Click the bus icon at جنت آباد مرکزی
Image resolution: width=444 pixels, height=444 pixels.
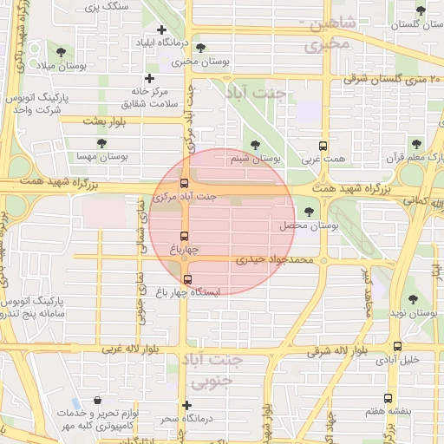click(x=183, y=183)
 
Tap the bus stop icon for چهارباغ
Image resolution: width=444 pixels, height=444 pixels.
click(x=183, y=236)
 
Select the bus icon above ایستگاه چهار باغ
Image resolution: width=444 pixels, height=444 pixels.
click(x=187, y=278)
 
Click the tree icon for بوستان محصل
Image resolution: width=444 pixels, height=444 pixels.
click(x=308, y=211)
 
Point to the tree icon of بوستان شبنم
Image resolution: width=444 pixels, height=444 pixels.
click(x=254, y=146)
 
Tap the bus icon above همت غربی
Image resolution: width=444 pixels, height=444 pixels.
click(x=323, y=146)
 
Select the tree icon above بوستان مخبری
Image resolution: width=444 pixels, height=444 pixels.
click(x=201, y=48)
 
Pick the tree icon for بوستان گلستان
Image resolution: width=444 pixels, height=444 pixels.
click(x=421, y=11)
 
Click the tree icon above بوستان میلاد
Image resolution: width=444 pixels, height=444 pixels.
click(x=61, y=51)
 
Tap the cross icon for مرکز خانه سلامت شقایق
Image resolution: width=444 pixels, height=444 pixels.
click(x=149, y=79)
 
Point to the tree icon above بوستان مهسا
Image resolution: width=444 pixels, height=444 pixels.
click(x=101, y=142)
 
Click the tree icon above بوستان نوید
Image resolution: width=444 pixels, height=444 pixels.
click(x=413, y=299)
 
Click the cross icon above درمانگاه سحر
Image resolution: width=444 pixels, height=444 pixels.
click(x=186, y=405)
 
